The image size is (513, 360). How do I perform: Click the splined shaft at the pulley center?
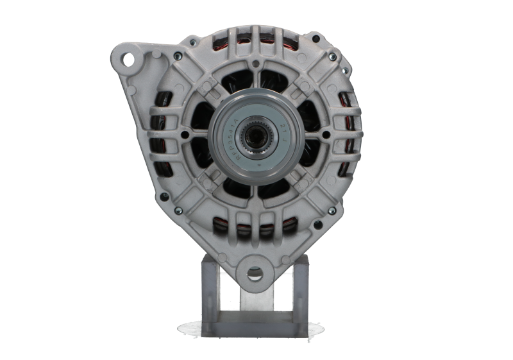point(255,135)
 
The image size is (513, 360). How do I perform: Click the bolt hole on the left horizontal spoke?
point(185,135)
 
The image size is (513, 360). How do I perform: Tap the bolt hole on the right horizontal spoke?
point(326,135)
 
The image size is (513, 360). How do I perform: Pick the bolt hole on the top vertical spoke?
point(256,64)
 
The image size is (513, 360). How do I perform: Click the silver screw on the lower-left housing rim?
point(165,196)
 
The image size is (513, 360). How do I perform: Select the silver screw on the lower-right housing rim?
point(346,197)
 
